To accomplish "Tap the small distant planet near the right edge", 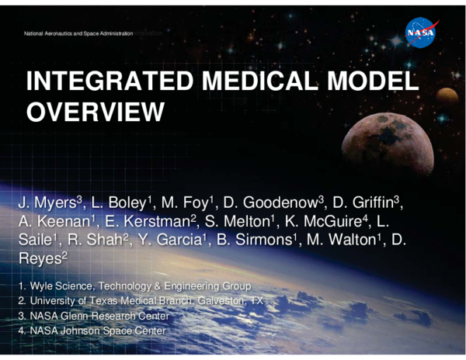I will (447, 97).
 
